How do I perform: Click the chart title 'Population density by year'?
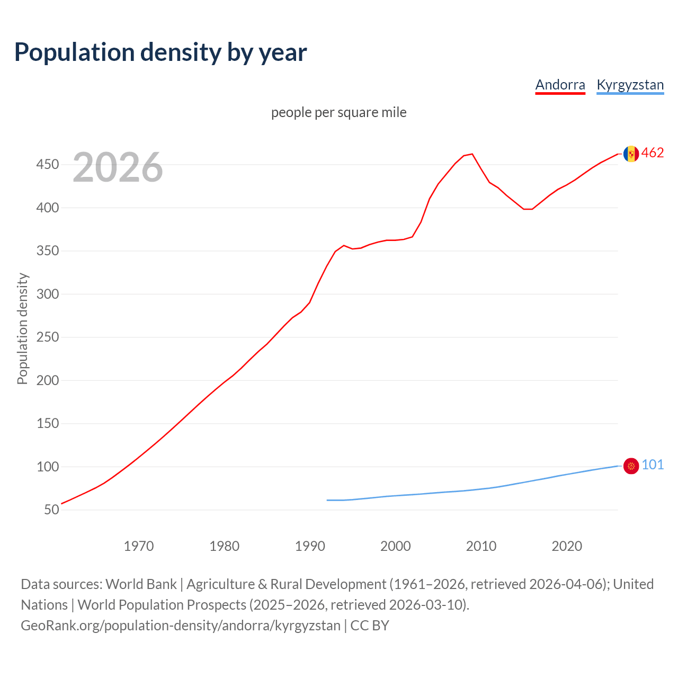coord(160,52)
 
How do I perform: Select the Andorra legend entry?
coord(560,85)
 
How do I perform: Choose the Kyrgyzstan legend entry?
coord(630,85)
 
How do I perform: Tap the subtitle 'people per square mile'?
coord(338,112)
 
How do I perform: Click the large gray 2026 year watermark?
coord(118,167)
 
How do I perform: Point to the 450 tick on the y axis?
coord(47,165)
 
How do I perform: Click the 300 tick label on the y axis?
coord(47,294)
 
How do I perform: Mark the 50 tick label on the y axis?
coord(51,510)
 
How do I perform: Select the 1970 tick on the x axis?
coord(139,546)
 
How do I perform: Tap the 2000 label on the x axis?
coord(396,546)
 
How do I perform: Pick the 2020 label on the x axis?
coord(567,546)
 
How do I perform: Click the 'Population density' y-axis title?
coord(22,328)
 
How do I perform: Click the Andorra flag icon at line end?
coord(631,154)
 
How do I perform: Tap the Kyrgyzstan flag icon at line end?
coord(631,466)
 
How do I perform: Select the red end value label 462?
coord(653,153)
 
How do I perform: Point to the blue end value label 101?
coord(653,465)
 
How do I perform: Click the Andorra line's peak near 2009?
coord(472,154)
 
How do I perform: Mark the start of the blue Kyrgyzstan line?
coord(327,500)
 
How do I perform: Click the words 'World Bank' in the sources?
coord(141,584)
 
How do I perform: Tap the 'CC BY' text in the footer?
coord(370,626)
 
